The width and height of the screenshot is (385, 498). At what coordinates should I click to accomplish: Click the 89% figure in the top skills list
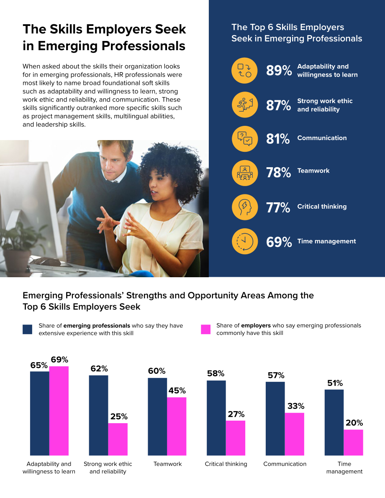click(x=279, y=71)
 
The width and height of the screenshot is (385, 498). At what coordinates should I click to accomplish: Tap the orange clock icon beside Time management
click(x=244, y=241)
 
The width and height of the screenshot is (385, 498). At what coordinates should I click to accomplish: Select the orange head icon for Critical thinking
click(x=244, y=207)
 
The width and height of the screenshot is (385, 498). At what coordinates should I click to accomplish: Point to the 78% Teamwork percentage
click(x=278, y=172)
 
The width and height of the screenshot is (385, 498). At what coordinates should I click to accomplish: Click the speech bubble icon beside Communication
click(x=244, y=139)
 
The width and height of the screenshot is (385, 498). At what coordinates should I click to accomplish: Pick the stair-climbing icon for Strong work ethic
click(x=244, y=105)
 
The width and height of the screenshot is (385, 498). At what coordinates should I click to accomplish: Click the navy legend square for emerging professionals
click(x=27, y=329)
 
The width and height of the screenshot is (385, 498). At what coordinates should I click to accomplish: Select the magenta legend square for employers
click(x=206, y=329)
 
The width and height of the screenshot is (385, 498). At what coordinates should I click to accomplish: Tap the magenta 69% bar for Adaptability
click(x=59, y=411)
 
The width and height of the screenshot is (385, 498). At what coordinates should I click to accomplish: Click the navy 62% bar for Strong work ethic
click(x=99, y=416)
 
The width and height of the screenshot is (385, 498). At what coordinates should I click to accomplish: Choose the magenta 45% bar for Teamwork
click(x=177, y=426)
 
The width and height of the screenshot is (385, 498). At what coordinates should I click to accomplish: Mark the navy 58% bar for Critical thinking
click(x=216, y=418)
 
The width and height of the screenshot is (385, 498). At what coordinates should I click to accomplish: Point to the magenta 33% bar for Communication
click(x=294, y=434)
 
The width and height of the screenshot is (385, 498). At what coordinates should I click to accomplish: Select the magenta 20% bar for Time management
click(x=354, y=442)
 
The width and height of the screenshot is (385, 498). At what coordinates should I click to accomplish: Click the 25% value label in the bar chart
click(x=119, y=416)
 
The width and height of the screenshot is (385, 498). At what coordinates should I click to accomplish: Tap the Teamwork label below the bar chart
click(x=167, y=464)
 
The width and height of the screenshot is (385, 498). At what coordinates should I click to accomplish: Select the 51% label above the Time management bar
click(x=335, y=383)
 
